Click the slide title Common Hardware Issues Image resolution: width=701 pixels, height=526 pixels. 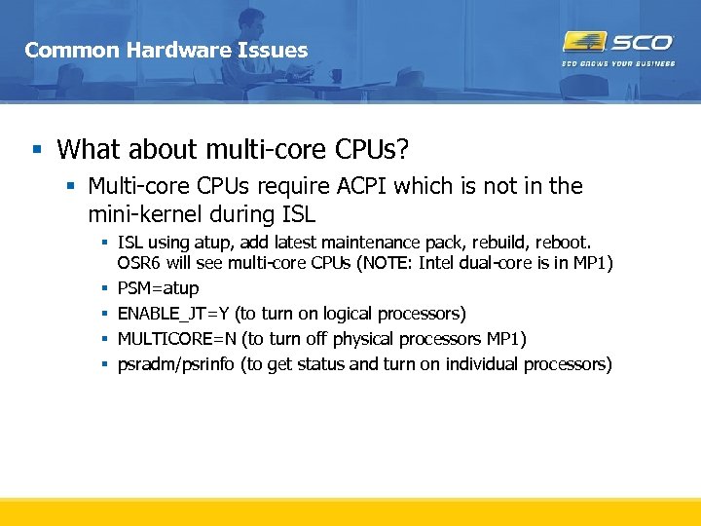tap(166, 50)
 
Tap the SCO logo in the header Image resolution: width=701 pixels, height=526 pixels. tap(618, 42)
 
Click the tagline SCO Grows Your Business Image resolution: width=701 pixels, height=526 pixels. tap(618, 64)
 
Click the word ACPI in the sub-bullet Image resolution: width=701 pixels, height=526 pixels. tap(361, 186)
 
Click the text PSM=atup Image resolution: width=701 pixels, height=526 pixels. tap(158, 288)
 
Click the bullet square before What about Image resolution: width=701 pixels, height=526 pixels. tap(37, 150)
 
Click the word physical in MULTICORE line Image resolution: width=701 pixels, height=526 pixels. tap(363, 339)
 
